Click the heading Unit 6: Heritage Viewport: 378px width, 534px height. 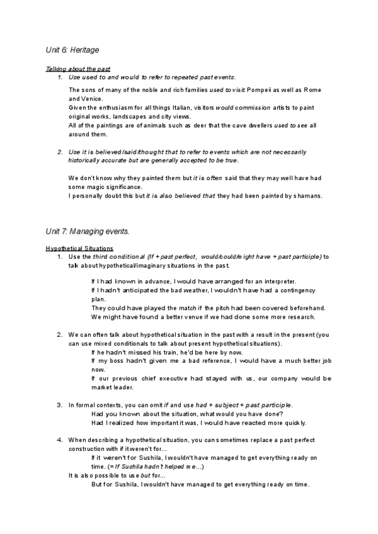click(72, 48)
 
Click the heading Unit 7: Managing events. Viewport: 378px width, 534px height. click(88, 231)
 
